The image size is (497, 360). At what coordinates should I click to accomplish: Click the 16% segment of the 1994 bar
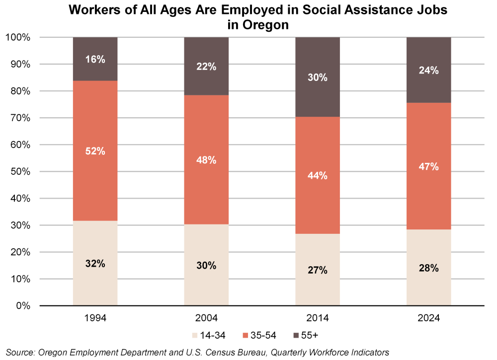pos(95,59)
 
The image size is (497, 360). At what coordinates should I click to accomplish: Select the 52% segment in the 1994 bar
pos(95,151)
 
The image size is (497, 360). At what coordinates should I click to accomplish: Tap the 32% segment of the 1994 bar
pos(95,263)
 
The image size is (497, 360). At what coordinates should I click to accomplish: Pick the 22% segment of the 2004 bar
pos(206,66)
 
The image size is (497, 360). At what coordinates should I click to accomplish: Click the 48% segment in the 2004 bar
pos(206,160)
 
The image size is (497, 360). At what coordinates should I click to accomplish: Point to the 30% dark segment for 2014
pos(318,77)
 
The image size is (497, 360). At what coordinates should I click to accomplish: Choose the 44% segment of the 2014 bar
pos(318,175)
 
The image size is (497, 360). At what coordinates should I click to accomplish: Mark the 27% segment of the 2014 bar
pos(318,270)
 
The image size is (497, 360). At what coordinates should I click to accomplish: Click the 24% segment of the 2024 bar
pos(428,70)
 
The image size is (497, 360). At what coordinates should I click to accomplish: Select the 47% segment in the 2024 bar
pos(428,166)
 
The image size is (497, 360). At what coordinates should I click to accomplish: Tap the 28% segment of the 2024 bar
pos(428,268)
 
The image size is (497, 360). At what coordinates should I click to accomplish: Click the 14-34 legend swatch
pos(194,335)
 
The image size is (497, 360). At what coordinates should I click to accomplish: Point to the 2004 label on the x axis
pos(206,318)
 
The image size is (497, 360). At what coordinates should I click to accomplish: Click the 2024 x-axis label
pos(428,318)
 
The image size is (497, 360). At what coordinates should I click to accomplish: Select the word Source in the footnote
pos(19,353)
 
